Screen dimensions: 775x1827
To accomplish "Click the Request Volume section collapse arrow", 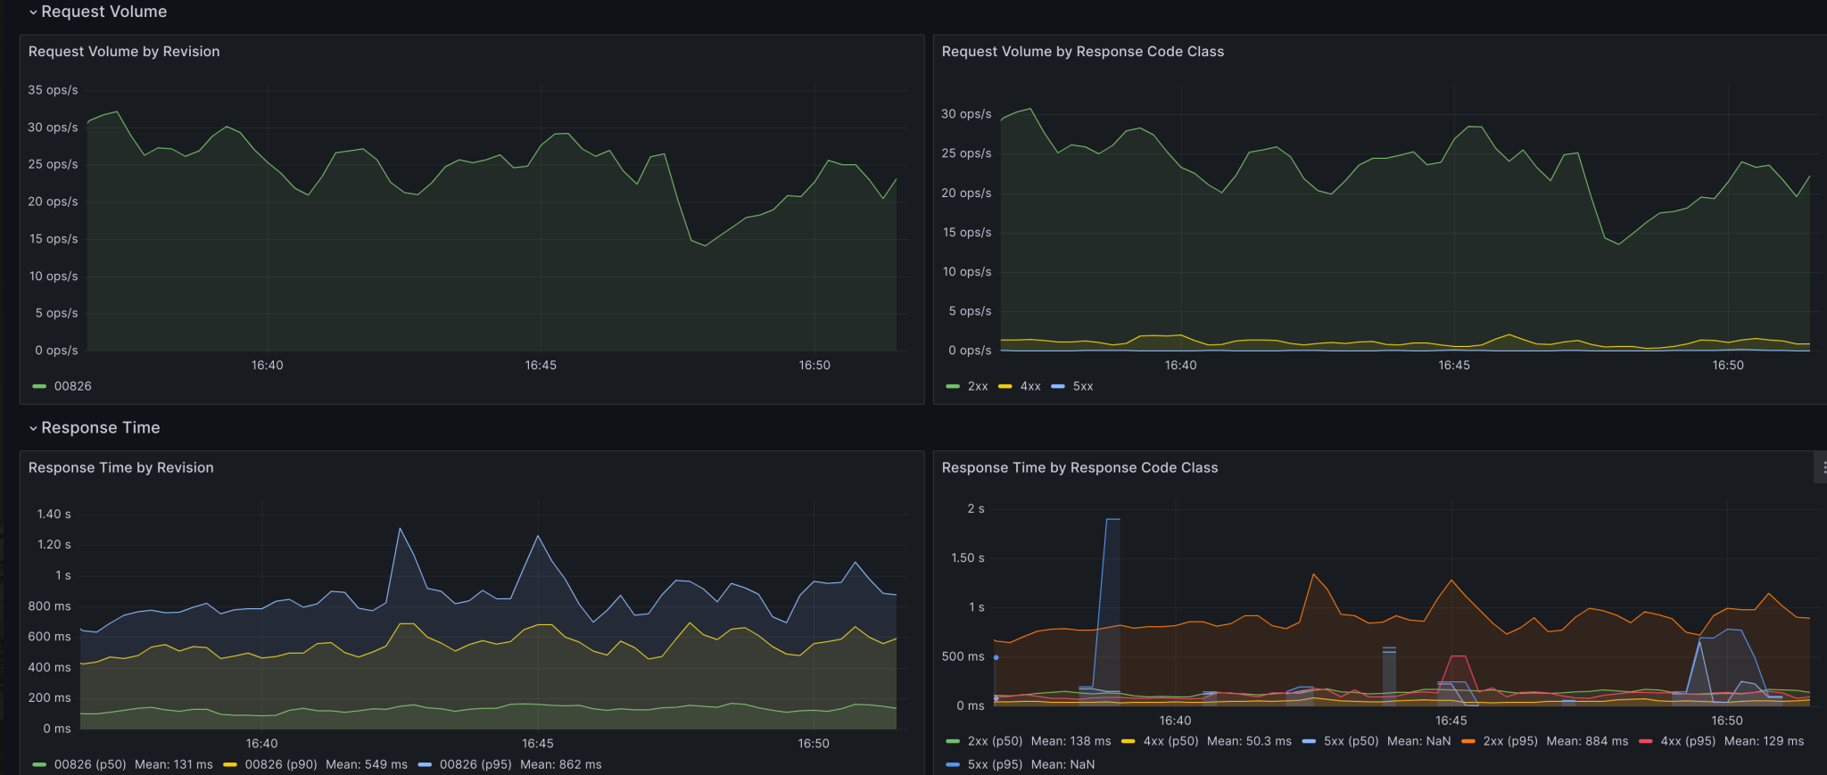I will click(33, 12).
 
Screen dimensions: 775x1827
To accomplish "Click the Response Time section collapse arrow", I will click(33, 429).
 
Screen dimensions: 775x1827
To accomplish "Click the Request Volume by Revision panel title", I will click(124, 52).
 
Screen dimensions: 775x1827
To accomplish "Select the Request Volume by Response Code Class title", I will click(1082, 52).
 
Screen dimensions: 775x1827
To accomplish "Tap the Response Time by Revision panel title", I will click(120, 468).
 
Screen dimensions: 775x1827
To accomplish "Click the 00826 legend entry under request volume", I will click(72, 386).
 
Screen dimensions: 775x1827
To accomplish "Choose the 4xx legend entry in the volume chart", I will click(1029, 386).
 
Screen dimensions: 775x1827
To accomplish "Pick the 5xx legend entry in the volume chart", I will click(1082, 386).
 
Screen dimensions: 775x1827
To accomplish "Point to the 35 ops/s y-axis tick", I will click(53, 90).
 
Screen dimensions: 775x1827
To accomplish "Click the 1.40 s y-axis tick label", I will click(54, 515).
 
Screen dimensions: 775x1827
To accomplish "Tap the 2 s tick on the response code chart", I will click(975, 509).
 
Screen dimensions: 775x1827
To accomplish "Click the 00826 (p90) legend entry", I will click(280, 764).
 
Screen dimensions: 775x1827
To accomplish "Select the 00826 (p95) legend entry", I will click(475, 764).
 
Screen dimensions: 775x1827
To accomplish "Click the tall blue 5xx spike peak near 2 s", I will click(1112, 519).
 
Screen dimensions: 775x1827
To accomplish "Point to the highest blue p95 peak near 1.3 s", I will click(400, 529).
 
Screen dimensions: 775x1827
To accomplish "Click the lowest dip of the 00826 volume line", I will click(705, 245).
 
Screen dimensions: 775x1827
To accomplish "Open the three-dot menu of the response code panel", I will click(1823, 467).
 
